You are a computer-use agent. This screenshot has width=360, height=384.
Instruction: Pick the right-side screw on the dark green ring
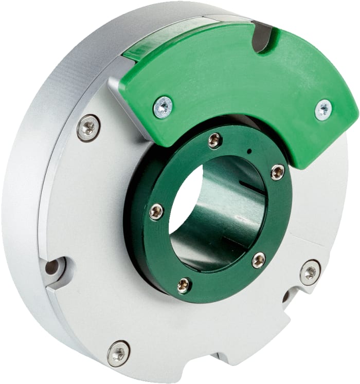tap(277, 172)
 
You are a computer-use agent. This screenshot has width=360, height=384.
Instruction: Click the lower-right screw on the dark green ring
tap(259, 260)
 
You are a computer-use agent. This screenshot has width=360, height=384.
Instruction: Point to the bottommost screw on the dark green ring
tap(184, 285)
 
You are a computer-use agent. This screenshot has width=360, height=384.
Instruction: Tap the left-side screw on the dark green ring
tap(156, 211)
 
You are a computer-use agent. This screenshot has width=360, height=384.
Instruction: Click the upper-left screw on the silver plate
tap(88, 127)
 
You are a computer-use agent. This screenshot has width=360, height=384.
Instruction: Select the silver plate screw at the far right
tap(310, 272)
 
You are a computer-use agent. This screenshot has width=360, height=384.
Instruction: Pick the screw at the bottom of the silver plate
tap(118, 354)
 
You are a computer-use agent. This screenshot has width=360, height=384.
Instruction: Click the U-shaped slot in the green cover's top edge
tap(263, 39)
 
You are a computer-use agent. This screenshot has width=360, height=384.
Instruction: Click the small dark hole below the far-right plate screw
tap(286, 297)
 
